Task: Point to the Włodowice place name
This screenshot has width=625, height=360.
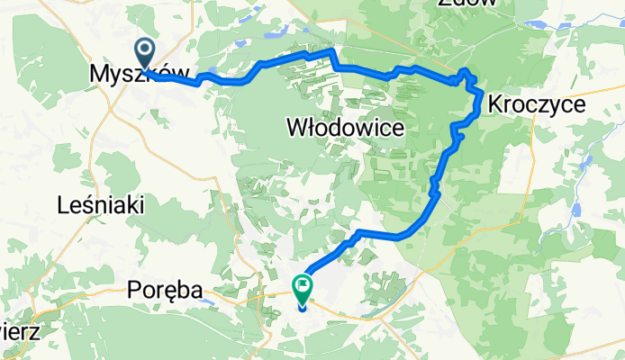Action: tap(344, 130)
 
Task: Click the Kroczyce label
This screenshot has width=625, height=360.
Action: tap(536, 105)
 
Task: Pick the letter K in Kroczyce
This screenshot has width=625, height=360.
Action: tap(494, 105)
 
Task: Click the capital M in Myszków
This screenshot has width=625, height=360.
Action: tap(100, 77)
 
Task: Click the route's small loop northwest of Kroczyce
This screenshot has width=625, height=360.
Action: tap(466, 73)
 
